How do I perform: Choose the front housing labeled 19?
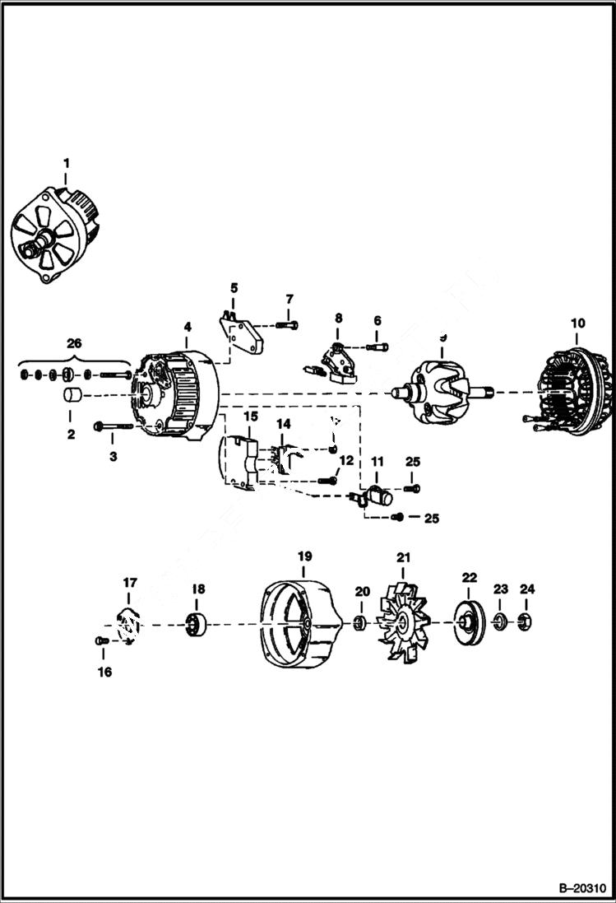tap(301, 625)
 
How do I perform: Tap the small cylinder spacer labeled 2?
tap(72, 396)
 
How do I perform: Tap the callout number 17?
tap(130, 583)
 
